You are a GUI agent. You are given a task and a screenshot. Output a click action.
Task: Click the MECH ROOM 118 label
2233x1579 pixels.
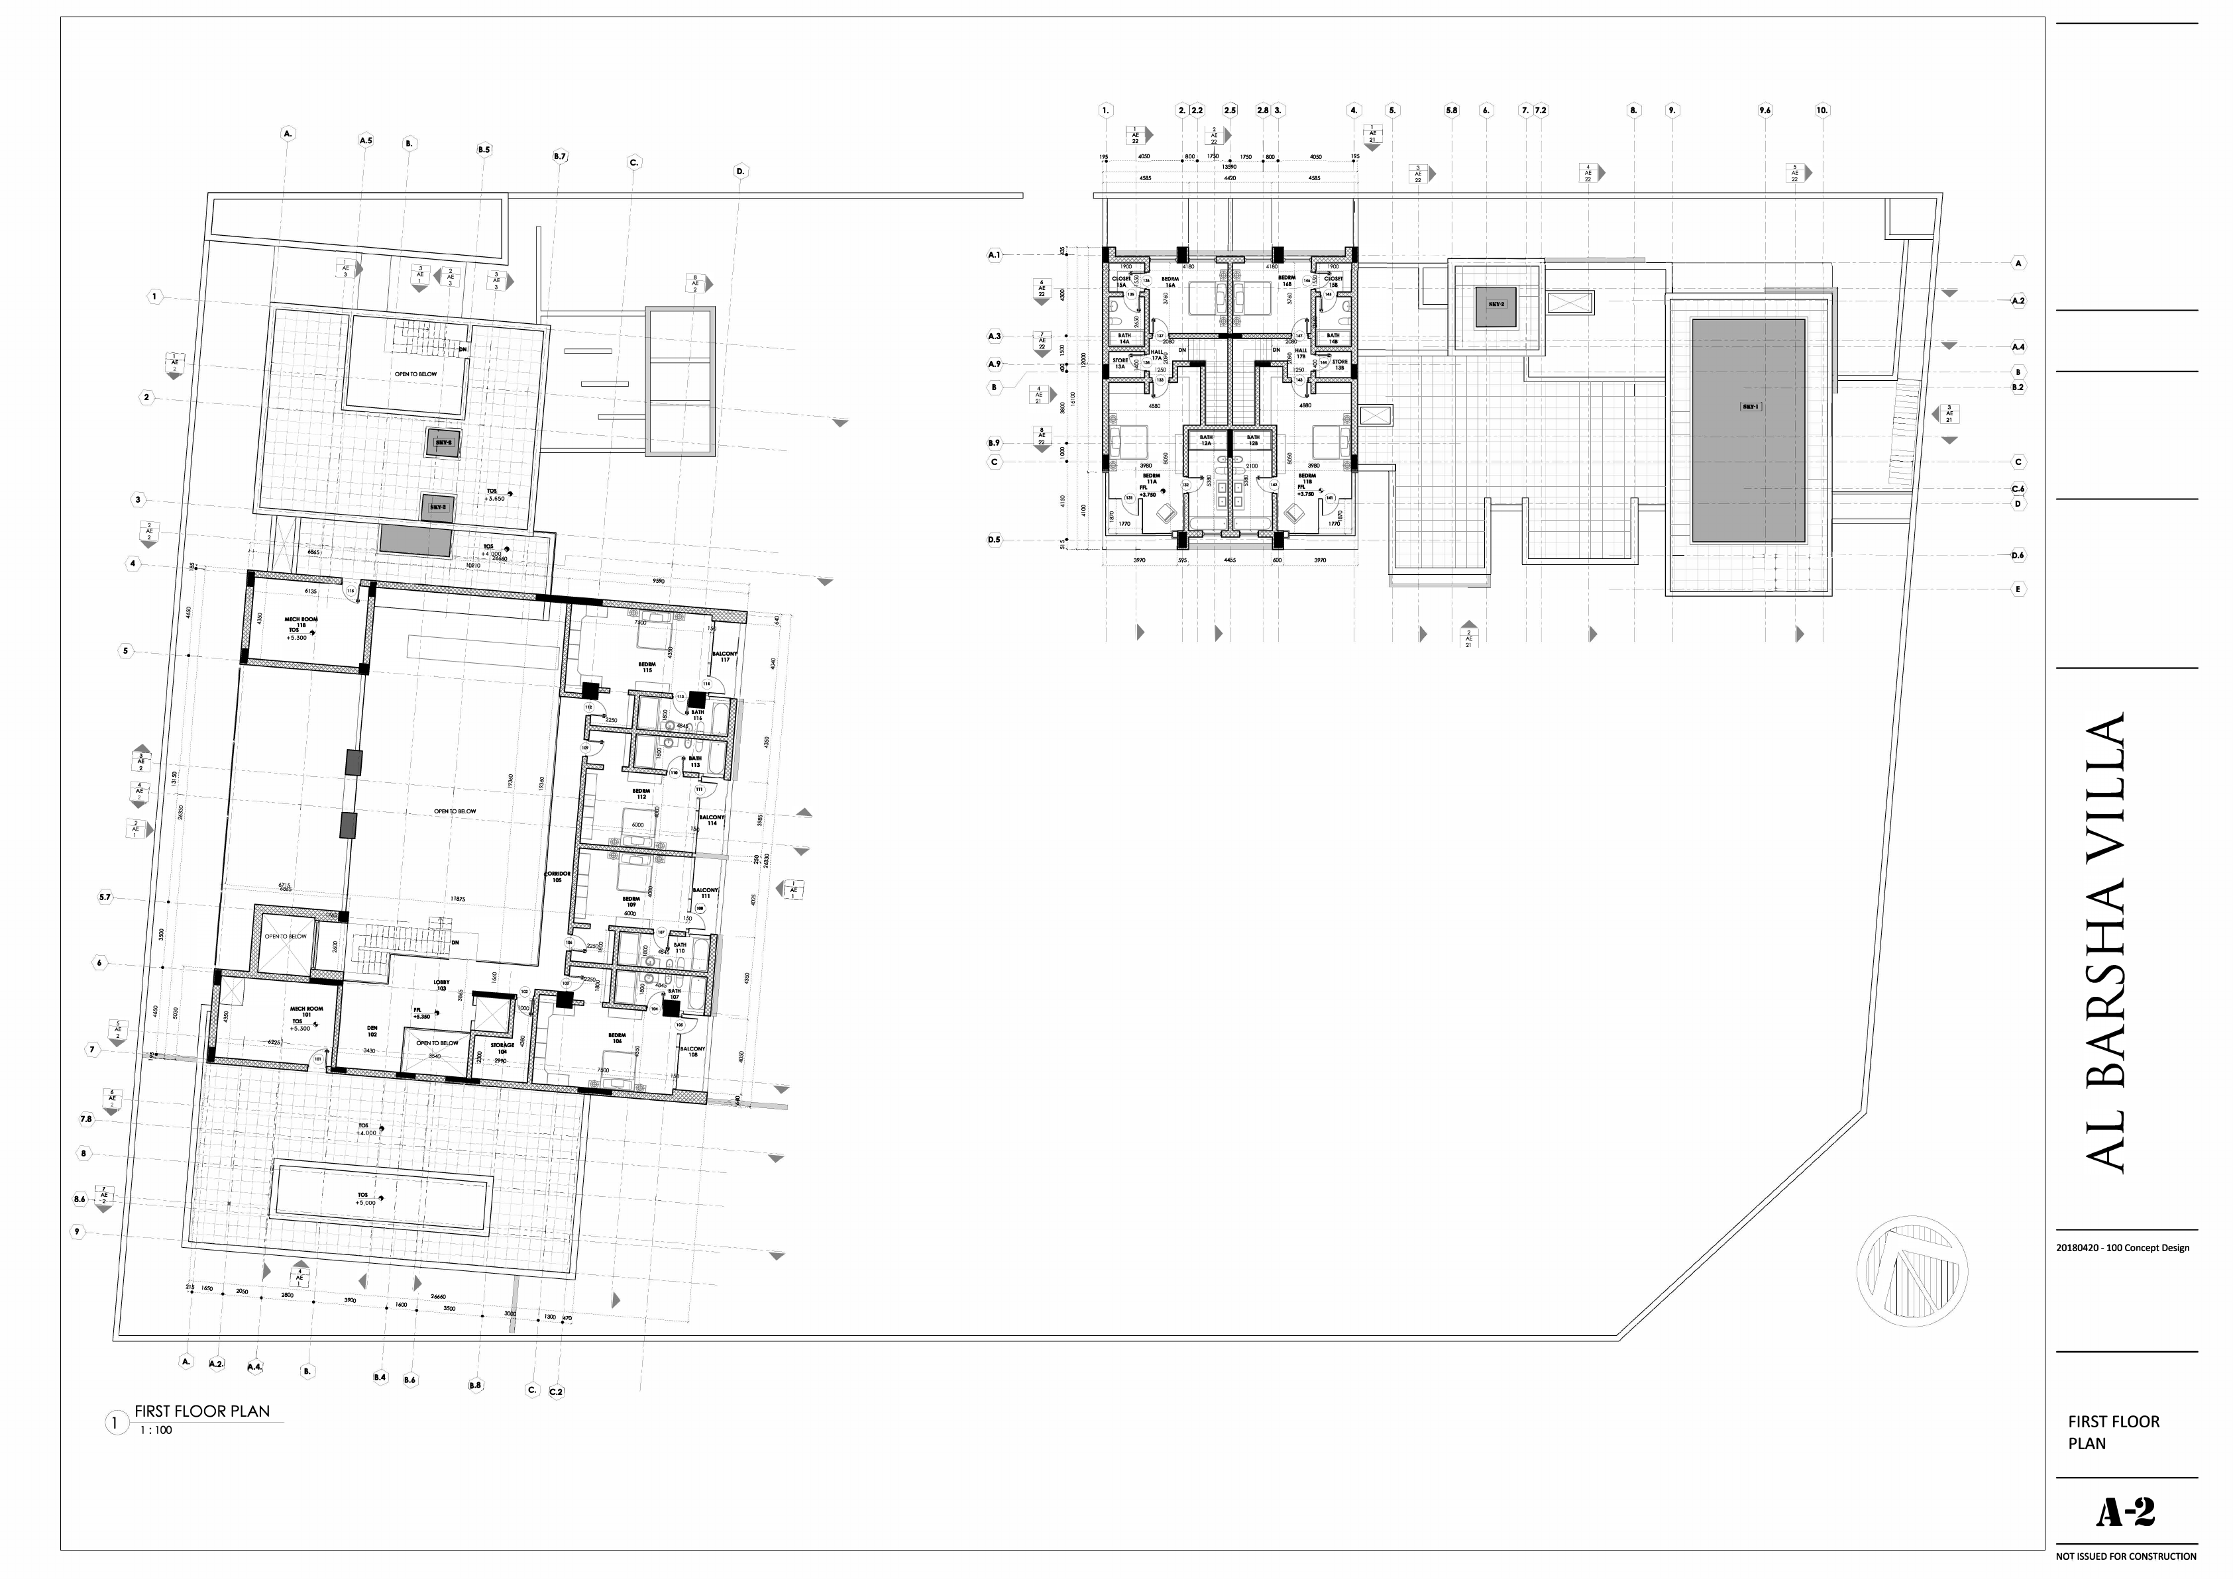coord(301,623)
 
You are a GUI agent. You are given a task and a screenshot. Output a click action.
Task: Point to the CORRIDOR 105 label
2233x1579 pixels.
coord(557,876)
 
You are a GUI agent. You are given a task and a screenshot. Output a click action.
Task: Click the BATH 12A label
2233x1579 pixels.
coord(1206,440)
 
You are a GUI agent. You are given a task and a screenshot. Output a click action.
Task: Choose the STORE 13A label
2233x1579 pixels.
coord(1120,364)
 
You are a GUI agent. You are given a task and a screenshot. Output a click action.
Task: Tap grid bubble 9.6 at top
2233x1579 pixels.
coord(1765,111)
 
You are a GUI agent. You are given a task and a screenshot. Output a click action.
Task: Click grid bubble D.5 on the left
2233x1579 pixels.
coord(994,540)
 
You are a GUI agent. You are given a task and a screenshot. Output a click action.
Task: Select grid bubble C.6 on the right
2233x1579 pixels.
coord(2018,489)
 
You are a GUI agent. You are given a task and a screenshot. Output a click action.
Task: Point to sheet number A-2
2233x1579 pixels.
coord(2125,1512)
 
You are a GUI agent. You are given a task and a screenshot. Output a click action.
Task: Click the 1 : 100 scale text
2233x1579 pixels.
coord(156,1430)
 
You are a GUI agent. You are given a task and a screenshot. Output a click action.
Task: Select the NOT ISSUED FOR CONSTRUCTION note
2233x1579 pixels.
coord(2126,1556)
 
